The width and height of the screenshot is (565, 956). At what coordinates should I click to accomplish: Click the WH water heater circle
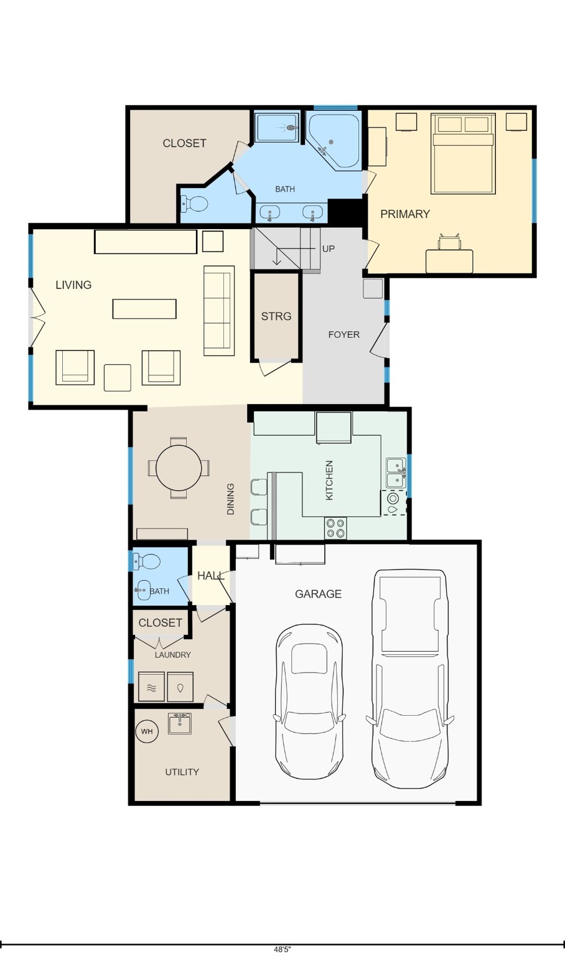pyautogui.click(x=147, y=731)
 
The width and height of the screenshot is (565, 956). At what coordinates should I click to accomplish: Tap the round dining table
pyautogui.click(x=179, y=467)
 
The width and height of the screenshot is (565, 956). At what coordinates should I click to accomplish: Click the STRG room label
pyautogui.click(x=276, y=316)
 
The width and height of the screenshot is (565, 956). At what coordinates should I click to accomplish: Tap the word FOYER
pyautogui.click(x=343, y=335)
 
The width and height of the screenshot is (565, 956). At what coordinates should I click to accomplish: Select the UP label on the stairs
pyautogui.click(x=328, y=249)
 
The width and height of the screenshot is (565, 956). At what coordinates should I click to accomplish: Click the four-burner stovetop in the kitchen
pyautogui.click(x=336, y=528)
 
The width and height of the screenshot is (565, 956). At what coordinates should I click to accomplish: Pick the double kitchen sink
pyautogui.click(x=395, y=473)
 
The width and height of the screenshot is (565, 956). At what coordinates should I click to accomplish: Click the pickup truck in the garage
pyautogui.click(x=409, y=678)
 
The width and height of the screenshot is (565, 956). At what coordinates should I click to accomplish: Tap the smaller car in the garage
pyautogui.click(x=309, y=701)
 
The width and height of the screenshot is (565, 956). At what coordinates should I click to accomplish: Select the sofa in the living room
pyautogui.click(x=219, y=311)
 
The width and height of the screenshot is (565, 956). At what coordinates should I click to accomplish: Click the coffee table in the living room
pyautogui.click(x=144, y=309)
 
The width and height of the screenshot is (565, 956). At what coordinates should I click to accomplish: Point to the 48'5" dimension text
pyautogui.click(x=282, y=950)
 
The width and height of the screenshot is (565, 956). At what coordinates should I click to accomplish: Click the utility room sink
pyautogui.click(x=180, y=723)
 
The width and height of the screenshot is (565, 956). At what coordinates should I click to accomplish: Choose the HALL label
pyautogui.click(x=210, y=576)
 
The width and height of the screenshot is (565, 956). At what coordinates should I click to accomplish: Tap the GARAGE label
pyautogui.click(x=318, y=594)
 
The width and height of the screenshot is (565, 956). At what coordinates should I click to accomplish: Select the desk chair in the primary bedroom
pyautogui.click(x=449, y=242)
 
